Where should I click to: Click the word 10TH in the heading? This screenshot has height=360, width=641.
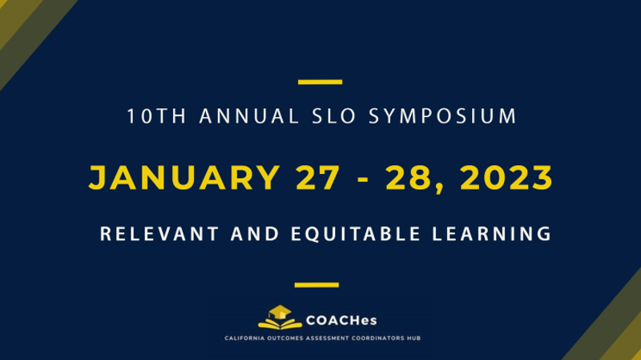[x=156, y=116]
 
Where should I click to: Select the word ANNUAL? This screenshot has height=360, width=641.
[x=249, y=116]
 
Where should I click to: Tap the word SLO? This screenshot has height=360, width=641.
[x=334, y=116]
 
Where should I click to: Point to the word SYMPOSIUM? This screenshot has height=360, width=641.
[x=443, y=116]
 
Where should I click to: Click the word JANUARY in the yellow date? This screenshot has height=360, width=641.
[x=184, y=177]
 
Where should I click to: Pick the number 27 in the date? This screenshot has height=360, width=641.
[x=317, y=177]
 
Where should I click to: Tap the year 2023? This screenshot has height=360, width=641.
[x=506, y=177]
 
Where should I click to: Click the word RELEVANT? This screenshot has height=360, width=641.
[x=159, y=234]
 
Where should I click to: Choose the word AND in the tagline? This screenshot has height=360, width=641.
[x=255, y=234]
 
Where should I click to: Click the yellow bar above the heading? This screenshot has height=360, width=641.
[x=320, y=82]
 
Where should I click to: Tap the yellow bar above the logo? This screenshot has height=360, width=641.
[x=316, y=285]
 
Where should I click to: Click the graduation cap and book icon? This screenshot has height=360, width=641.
[x=280, y=317]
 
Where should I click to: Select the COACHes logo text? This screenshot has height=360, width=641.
[x=341, y=321]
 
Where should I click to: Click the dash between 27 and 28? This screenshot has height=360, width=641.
[x=363, y=179]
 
